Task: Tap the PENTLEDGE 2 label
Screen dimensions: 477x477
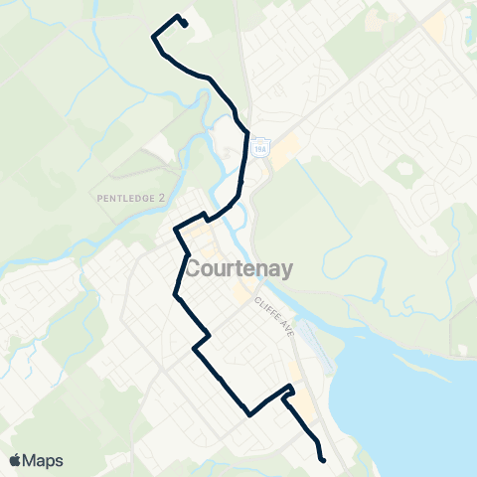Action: (131, 199)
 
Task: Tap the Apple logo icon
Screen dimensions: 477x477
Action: (15, 460)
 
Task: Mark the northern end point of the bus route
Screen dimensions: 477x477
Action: (185, 25)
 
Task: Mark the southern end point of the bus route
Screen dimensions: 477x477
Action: (323, 459)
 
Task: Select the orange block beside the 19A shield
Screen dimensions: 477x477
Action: (285, 150)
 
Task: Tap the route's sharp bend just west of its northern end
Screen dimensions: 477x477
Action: (153, 37)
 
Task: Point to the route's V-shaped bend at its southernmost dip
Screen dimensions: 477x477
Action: (248, 414)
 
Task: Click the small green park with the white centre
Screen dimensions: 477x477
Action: (406, 171)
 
